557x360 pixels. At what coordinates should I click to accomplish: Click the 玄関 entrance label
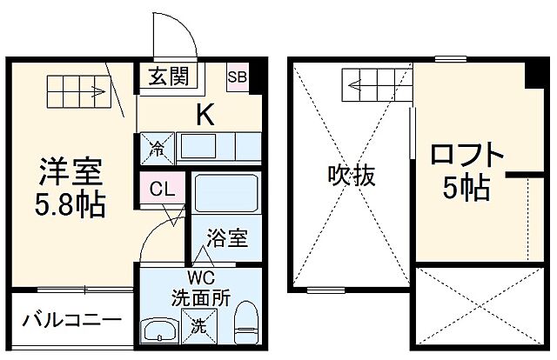(x=168, y=77)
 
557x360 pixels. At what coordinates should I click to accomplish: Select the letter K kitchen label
(x=205, y=112)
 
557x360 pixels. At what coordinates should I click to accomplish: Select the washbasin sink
(x=158, y=331)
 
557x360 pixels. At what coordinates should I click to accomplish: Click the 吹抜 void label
(x=351, y=177)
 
